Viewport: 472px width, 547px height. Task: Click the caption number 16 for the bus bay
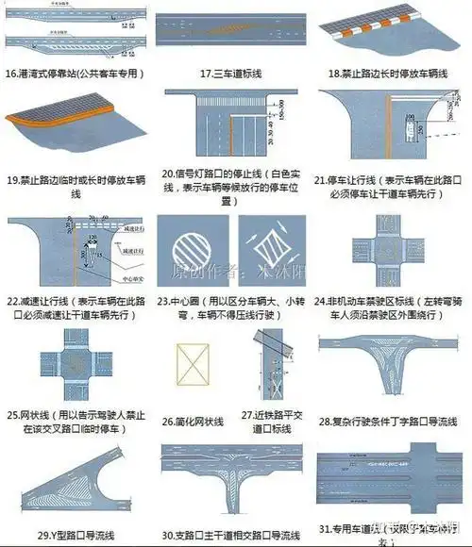(12, 73)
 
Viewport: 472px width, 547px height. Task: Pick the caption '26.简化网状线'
(197, 421)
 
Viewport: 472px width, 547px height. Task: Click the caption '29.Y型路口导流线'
(77, 536)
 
